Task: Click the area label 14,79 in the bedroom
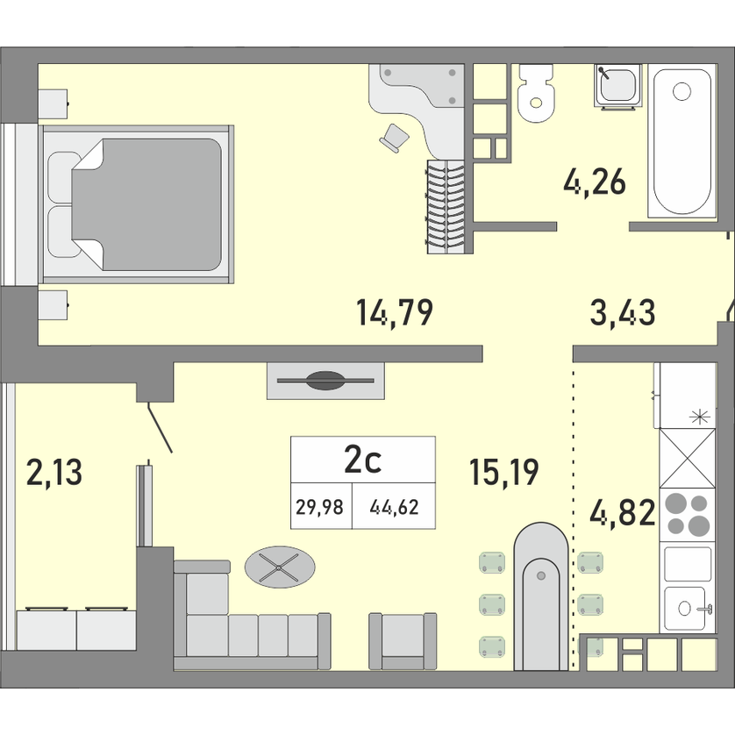395,312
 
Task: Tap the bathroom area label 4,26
595,182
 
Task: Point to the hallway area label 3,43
623,312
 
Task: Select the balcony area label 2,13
54,472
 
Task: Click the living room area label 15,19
504,472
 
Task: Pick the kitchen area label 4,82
623,512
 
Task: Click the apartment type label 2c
362,460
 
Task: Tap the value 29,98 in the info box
319,507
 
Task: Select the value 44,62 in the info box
394,507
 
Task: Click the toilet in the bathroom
536,92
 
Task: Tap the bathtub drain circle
681,91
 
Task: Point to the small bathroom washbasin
617,86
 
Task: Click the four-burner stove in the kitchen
687,515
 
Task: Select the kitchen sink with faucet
687,608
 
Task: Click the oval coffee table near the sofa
280,567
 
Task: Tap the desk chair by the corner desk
394,138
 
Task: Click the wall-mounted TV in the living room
325,380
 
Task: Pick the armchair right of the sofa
403,641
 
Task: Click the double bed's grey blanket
146,204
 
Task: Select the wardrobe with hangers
446,207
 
